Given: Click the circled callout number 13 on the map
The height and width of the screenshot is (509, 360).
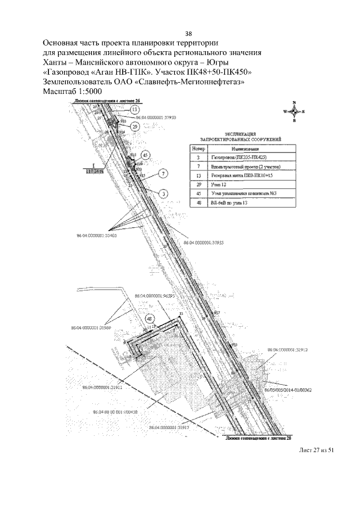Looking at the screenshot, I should (x=134, y=109).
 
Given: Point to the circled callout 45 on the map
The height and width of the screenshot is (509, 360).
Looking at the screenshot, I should (x=146, y=154).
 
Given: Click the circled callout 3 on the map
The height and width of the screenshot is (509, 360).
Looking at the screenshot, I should (x=163, y=193).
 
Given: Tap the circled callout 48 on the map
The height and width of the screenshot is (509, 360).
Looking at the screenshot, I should (x=150, y=318).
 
